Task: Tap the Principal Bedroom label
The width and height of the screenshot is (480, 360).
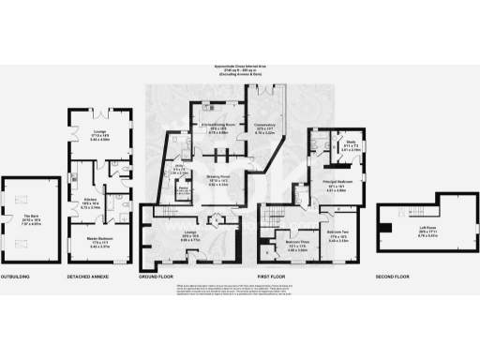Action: point(323,180)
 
